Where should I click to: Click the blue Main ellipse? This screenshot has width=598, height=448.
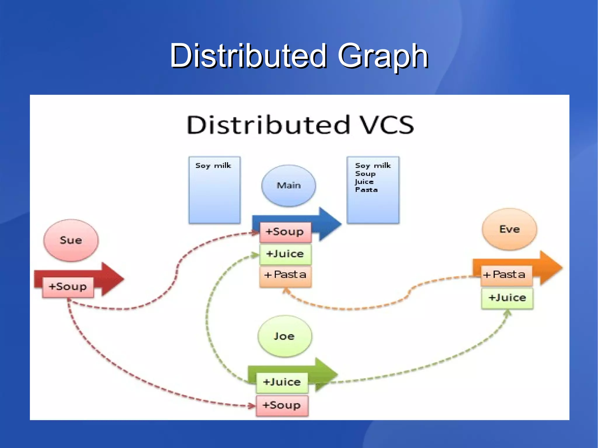288,186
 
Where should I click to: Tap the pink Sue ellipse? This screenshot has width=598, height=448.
71,240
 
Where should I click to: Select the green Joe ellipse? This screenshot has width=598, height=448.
284,336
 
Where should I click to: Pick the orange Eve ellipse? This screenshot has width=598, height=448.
510,229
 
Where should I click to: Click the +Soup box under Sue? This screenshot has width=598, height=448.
68,287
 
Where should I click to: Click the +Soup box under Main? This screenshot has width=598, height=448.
285,232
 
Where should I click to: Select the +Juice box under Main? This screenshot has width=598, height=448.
285,254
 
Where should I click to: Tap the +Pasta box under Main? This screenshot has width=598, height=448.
285,275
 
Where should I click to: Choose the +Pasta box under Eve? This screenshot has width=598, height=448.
506,275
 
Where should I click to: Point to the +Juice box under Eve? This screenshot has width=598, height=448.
507,298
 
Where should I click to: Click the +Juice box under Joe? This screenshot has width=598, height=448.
282,382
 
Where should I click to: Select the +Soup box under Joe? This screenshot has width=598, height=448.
282,405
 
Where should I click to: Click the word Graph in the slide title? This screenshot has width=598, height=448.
383,56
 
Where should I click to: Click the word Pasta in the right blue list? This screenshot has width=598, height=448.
366,190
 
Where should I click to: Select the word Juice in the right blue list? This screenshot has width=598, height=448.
364,182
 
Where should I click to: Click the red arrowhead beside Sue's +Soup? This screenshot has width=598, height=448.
112,279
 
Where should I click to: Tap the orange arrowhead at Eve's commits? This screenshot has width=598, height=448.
550,268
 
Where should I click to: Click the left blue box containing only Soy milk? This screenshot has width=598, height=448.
215,190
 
